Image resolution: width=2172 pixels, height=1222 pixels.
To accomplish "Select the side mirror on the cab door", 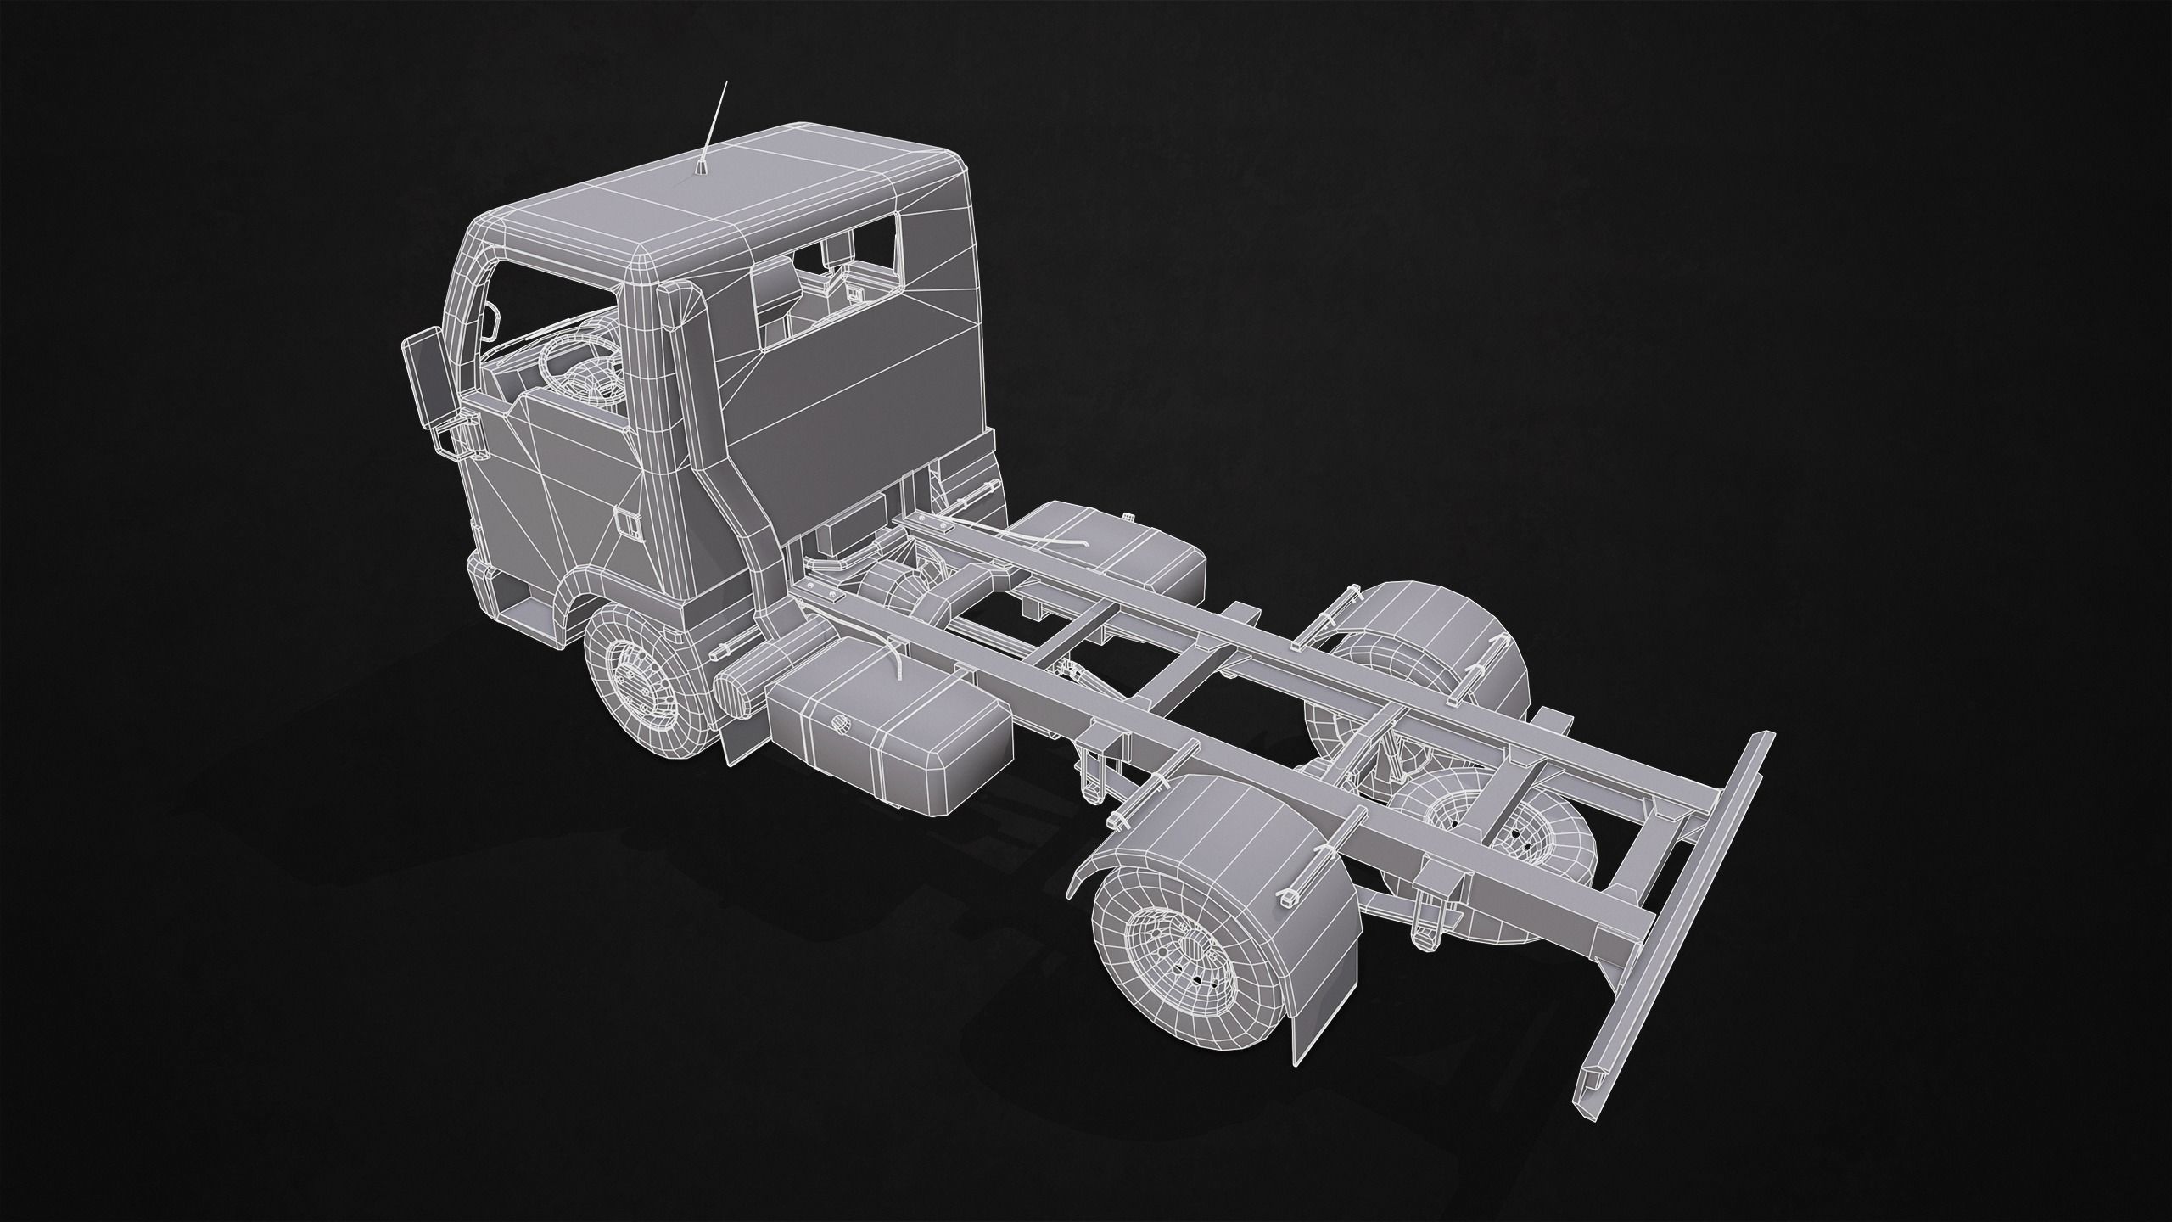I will click(425, 373).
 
